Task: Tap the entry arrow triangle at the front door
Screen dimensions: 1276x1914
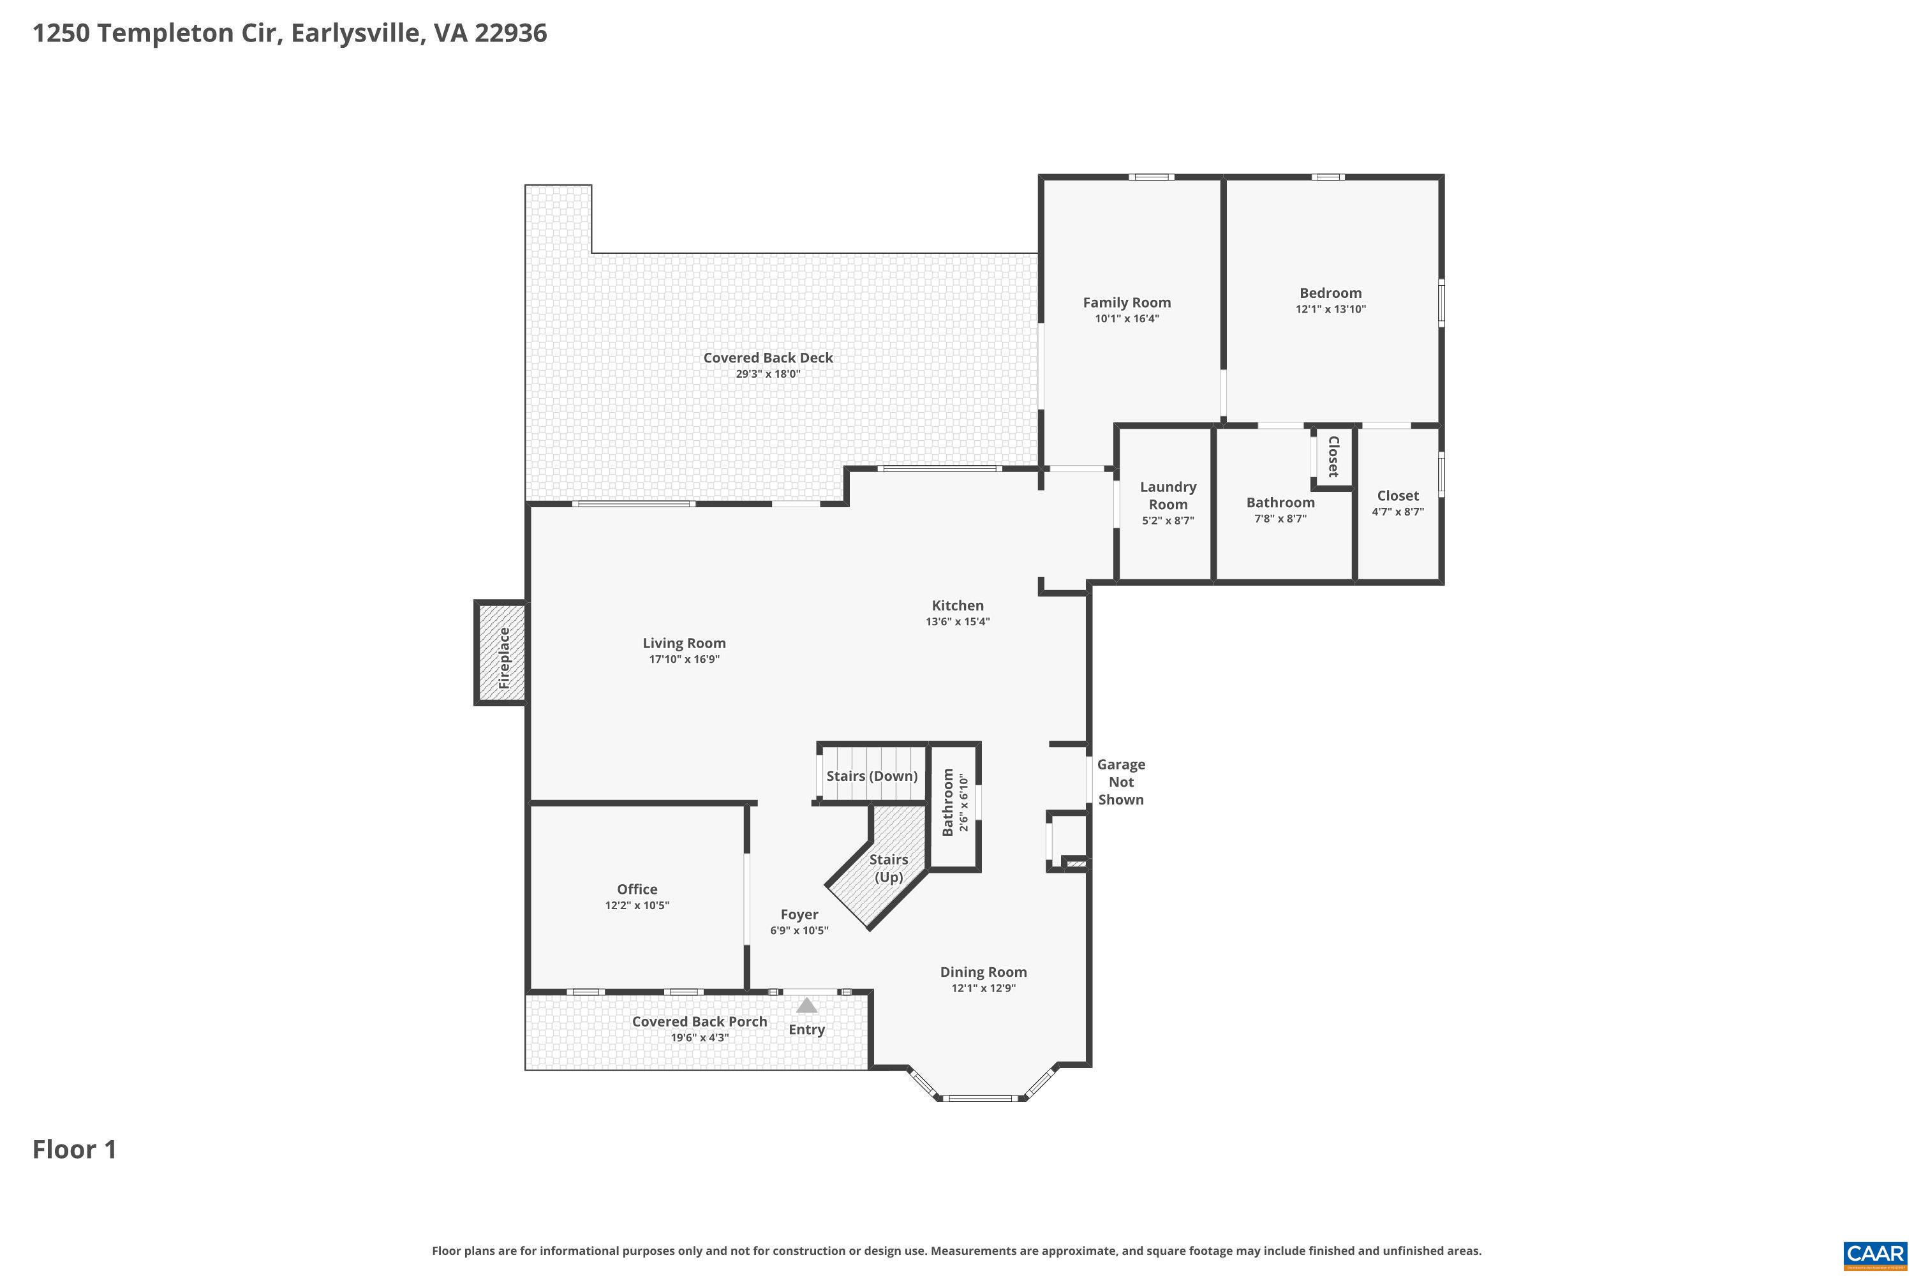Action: click(x=806, y=1006)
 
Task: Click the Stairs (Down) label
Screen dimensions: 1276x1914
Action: click(x=872, y=776)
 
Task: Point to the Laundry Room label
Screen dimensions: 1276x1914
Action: click(x=1168, y=496)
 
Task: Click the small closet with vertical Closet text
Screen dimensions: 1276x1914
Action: click(x=1333, y=457)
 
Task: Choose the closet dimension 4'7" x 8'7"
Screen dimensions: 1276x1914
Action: click(x=1398, y=512)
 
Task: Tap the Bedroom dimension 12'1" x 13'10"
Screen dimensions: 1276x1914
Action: click(x=1330, y=309)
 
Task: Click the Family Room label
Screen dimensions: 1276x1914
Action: click(x=1126, y=302)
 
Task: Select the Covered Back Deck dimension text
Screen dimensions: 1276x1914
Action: click(x=768, y=375)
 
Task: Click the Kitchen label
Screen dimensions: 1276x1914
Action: click(x=957, y=605)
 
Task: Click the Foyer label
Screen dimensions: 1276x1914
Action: click(x=799, y=915)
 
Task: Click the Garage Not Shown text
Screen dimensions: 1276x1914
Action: click(x=1120, y=782)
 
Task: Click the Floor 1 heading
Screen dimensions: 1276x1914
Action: click(x=75, y=1149)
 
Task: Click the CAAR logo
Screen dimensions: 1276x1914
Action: click(x=1876, y=1255)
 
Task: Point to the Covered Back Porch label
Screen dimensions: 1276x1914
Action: click(x=699, y=1021)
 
